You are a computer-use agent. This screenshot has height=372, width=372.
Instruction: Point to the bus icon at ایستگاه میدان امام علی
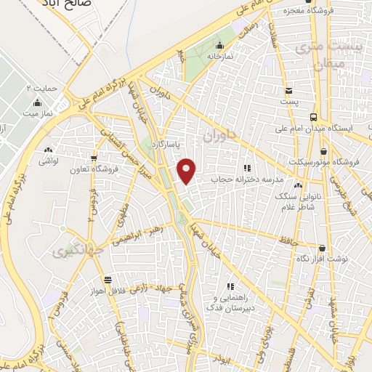coord(313,117)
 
